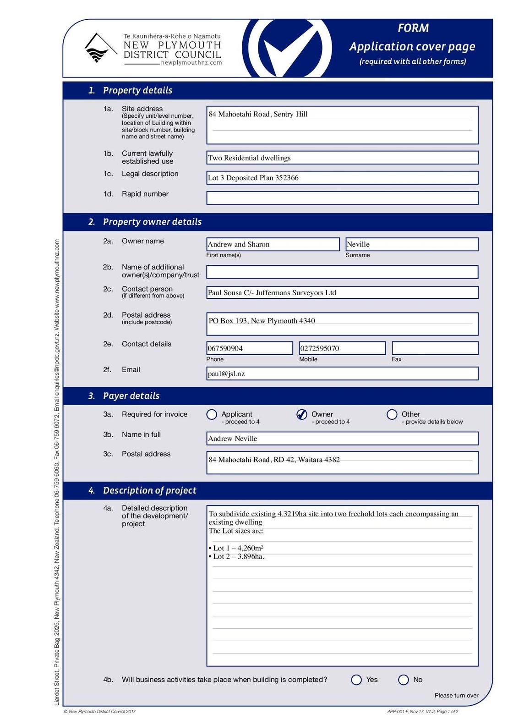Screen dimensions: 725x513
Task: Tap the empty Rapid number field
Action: (342, 198)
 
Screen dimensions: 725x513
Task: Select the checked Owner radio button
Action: (302, 414)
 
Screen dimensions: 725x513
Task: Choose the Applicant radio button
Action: (212, 414)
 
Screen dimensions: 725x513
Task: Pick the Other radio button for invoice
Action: (392, 414)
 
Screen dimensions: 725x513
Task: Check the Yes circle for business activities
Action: (356, 680)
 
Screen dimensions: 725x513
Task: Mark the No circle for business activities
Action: (404, 680)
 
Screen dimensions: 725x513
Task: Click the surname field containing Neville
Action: (411, 244)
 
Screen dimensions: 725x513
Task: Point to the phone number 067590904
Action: (225, 348)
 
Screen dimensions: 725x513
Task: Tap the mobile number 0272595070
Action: (320, 348)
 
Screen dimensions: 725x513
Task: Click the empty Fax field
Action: (435, 348)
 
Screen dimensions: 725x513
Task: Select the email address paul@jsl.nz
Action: (226, 374)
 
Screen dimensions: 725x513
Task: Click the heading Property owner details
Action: (152, 222)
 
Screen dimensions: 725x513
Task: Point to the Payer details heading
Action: (131, 396)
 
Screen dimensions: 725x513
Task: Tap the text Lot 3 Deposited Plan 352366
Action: (253, 178)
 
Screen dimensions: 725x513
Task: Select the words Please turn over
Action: (456, 696)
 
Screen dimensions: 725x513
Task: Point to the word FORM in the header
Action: (413, 28)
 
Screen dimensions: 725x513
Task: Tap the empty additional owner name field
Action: (342, 272)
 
